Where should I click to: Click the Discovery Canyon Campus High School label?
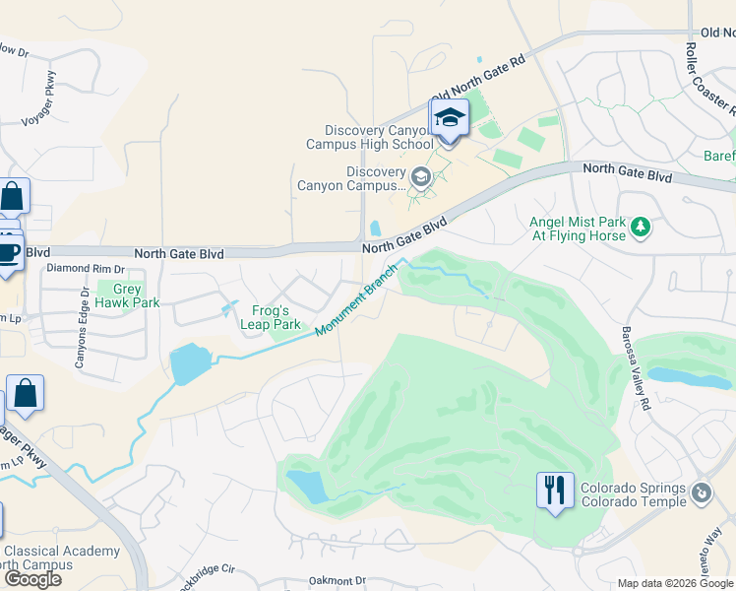click(x=369, y=138)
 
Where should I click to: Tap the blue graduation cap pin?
click(x=449, y=119)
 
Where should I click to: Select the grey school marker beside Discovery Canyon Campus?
click(x=421, y=177)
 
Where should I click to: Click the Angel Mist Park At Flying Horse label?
click(x=578, y=229)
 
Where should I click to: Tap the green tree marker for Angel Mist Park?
click(x=642, y=229)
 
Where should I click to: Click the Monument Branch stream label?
click(x=357, y=298)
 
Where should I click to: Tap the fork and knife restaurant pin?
click(x=555, y=489)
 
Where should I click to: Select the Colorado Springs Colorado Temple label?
click(x=633, y=494)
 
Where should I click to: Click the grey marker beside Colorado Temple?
click(x=702, y=492)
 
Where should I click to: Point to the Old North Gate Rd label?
click(x=479, y=75)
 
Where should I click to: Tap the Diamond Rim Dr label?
click(x=86, y=268)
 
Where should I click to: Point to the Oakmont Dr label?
click(x=336, y=581)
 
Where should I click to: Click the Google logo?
click(x=31, y=579)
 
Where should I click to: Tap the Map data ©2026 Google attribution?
click(x=675, y=583)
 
